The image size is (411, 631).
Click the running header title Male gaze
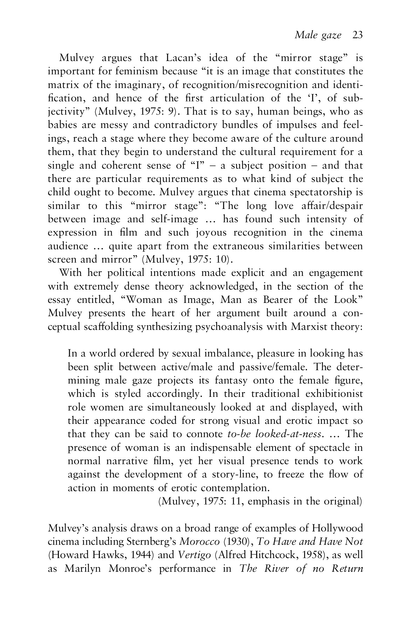318,35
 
